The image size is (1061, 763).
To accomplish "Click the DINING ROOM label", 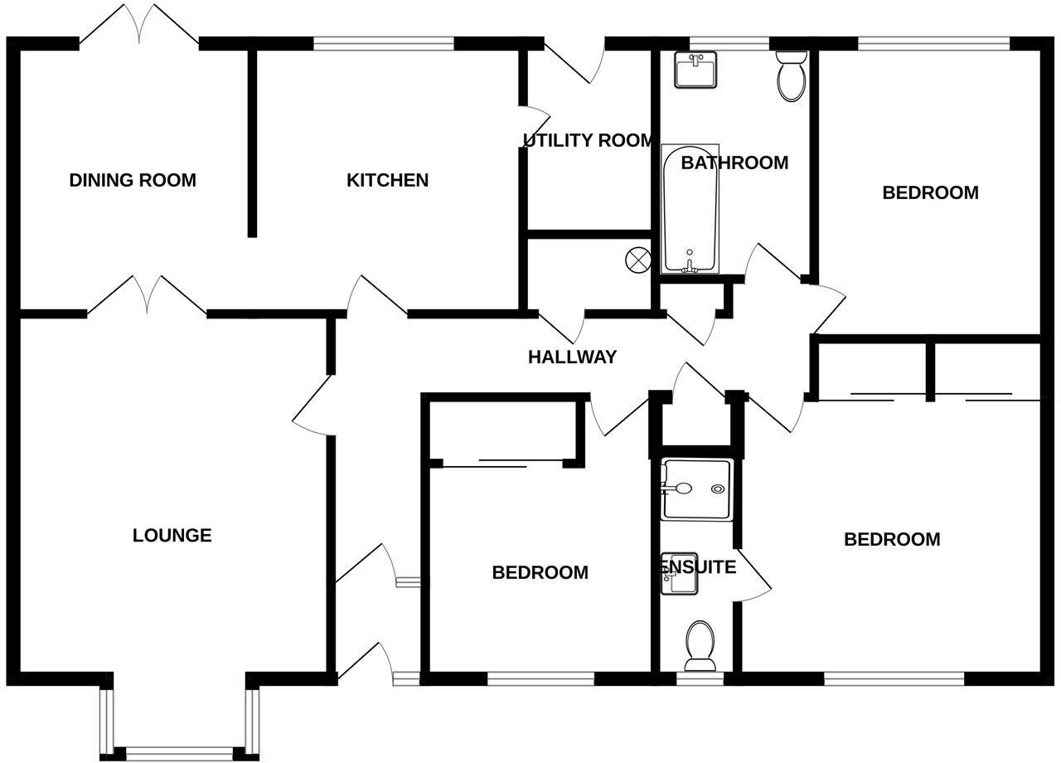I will coord(133,180).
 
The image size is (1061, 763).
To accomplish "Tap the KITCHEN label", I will coord(387,180).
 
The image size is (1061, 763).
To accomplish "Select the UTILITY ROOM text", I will coord(589,140).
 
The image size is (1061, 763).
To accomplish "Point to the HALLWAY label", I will coord(572,357).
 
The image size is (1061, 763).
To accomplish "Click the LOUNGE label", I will coord(172,536).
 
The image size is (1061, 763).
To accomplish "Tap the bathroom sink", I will coord(695,70).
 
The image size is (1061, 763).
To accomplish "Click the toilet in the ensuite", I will coord(700,645).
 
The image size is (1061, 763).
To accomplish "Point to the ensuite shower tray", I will coord(697,488).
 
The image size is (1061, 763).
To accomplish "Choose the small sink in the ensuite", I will coord(679,575).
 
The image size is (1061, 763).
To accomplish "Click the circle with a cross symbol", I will coord(637,260).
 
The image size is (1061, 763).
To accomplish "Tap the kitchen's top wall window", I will coord(384,43).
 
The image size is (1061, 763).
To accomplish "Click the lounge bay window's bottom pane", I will coord(175,751).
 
